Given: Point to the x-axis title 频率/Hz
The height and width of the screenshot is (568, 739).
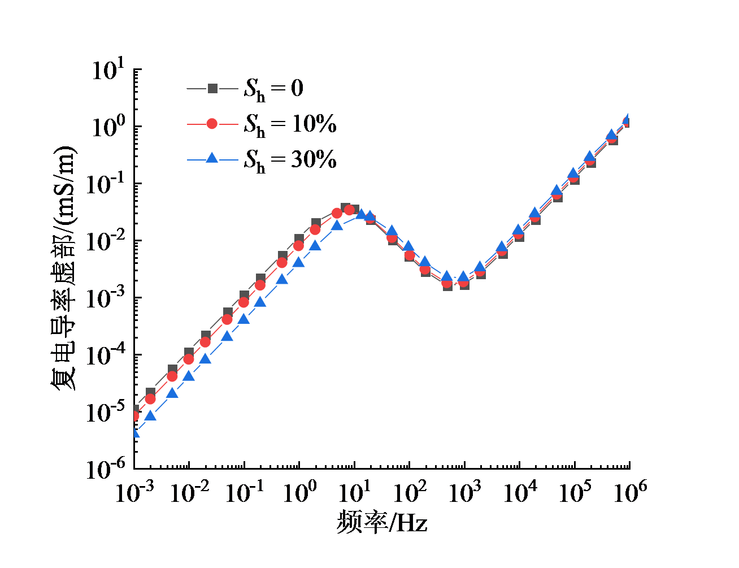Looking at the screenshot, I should point(382,523).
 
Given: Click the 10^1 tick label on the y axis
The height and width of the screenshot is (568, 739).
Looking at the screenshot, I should point(108,72).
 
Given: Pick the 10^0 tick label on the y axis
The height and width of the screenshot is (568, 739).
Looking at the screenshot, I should point(108,128).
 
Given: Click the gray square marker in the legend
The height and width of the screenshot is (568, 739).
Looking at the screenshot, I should point(212,89).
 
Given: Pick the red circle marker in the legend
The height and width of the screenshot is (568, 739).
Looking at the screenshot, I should point(212,124).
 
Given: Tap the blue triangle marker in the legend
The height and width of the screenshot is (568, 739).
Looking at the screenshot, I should point(212,159).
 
